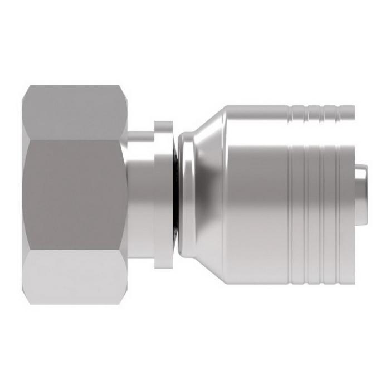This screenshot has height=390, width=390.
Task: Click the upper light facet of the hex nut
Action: (75, 111)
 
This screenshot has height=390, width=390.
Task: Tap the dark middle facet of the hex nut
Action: (75, 195)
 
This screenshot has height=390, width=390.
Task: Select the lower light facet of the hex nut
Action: (75, 277)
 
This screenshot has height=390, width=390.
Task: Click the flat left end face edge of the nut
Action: (26, 195)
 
